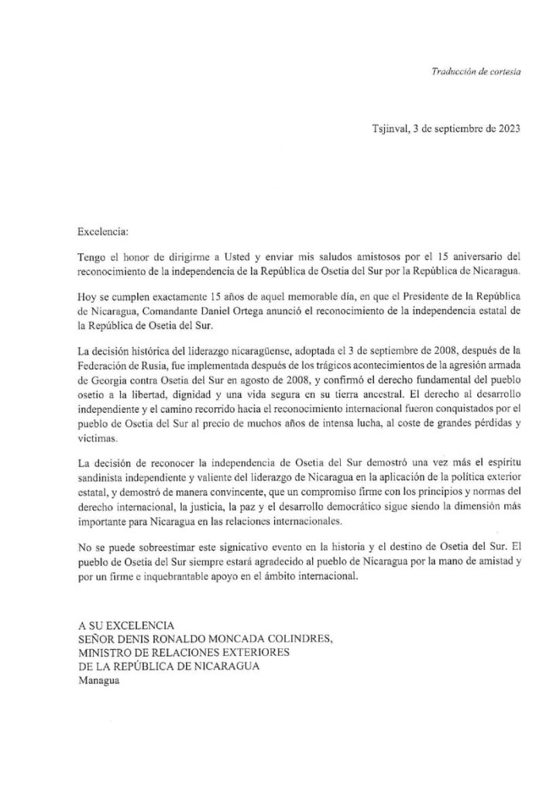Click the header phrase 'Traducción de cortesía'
pos(476,71)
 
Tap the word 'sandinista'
pos(105,474)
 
